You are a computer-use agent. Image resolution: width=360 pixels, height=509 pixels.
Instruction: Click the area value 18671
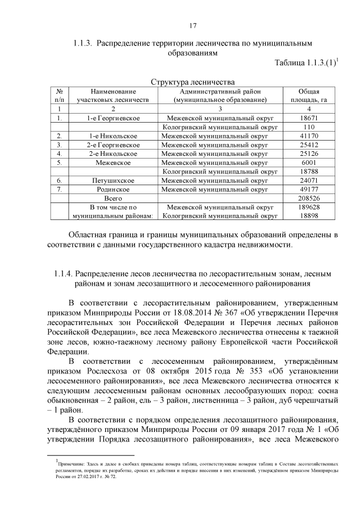[309, 118]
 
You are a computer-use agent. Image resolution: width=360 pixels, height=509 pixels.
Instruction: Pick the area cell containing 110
[309, 127]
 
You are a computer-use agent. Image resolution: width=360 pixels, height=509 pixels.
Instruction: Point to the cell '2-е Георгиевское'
[112, 145]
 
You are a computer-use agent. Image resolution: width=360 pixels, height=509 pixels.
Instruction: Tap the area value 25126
[309, 154]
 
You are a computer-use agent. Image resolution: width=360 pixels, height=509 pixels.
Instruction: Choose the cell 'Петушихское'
[112, 181]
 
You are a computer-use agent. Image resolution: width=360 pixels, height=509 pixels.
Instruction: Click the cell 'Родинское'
[112, 190]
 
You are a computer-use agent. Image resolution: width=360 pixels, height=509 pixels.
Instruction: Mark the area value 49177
[309, 190]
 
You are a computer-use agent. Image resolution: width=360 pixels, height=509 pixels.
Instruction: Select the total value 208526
[309, 199]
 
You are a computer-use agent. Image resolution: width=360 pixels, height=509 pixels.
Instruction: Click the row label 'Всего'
[112, 199]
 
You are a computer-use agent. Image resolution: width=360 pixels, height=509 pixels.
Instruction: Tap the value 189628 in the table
[309, 207]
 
